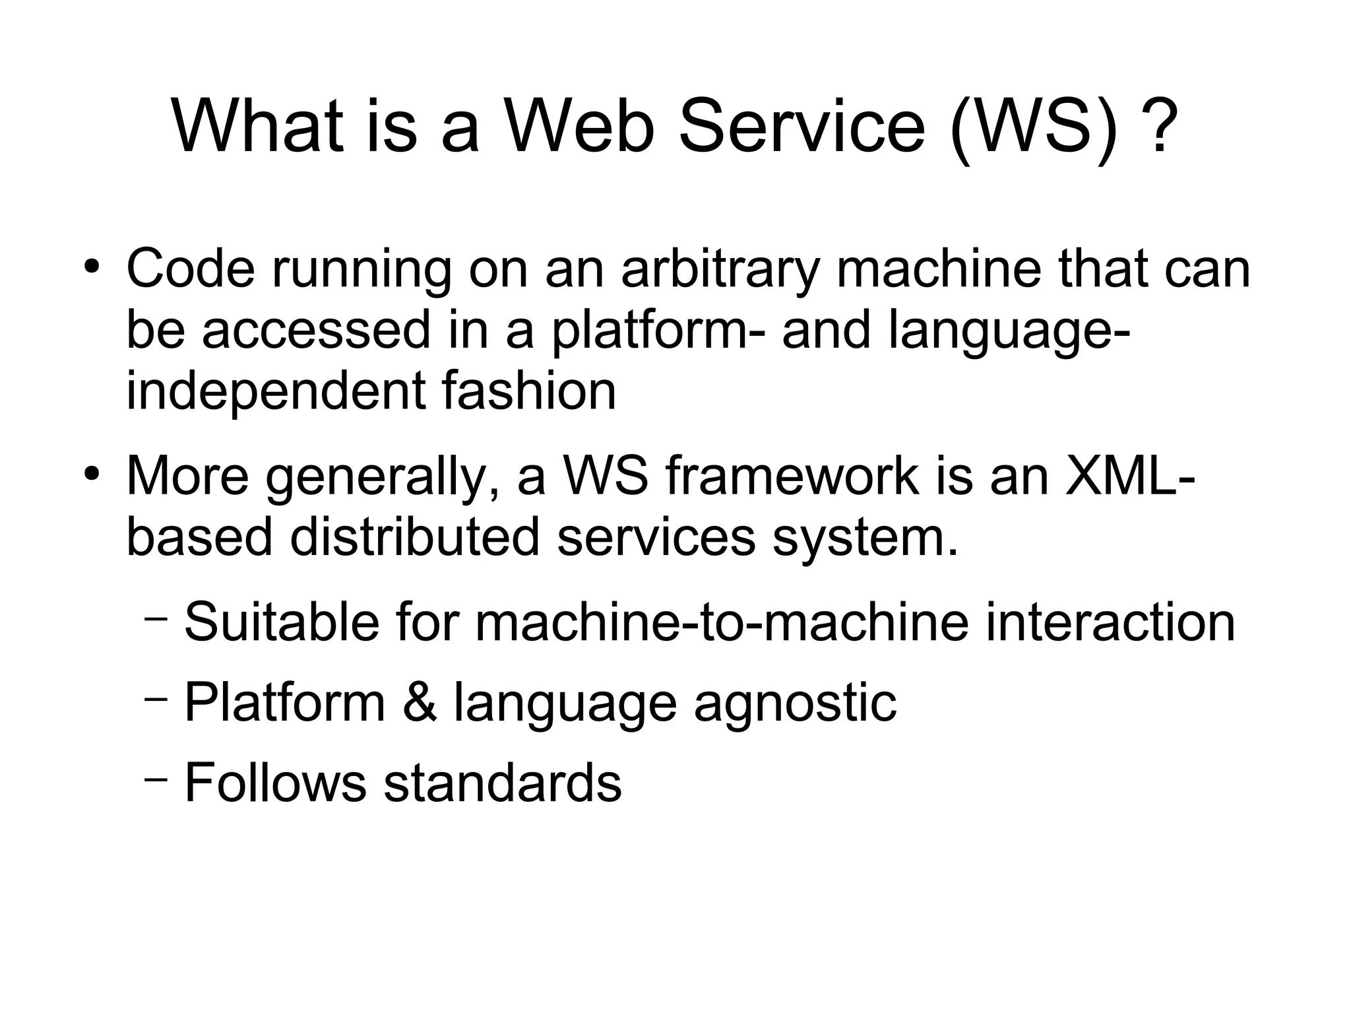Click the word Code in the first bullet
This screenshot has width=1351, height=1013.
click(x=191, y=269)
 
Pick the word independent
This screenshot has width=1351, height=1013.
click(x=275, y=391)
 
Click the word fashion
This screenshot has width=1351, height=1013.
click(x=528, y=391)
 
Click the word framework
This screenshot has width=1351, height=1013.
click(x=792, y=476)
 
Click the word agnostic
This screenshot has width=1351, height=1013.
click(x=795, y=703)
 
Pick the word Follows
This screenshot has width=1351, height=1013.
click(x=275, y=783)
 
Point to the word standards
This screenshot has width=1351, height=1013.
click(x=503, y=783)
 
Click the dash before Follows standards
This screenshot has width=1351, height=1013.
click(x=156, y=779)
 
